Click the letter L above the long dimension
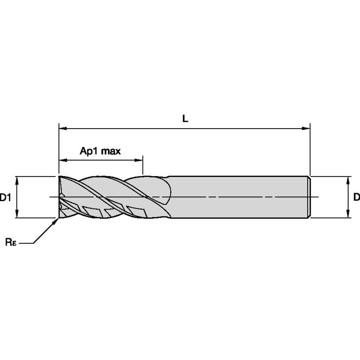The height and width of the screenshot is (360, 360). [185, 119]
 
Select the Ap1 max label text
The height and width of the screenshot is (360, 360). [100, 151]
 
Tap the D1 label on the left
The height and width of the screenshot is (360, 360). [5, 197]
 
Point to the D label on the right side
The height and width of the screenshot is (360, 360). [356, 197]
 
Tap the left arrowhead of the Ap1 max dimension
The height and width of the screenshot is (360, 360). [62, 160]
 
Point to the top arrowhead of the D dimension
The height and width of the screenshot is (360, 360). [348, 180]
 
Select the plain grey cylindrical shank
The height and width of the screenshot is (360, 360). [236, 197]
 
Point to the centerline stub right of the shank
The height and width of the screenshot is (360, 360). [316, 197]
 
